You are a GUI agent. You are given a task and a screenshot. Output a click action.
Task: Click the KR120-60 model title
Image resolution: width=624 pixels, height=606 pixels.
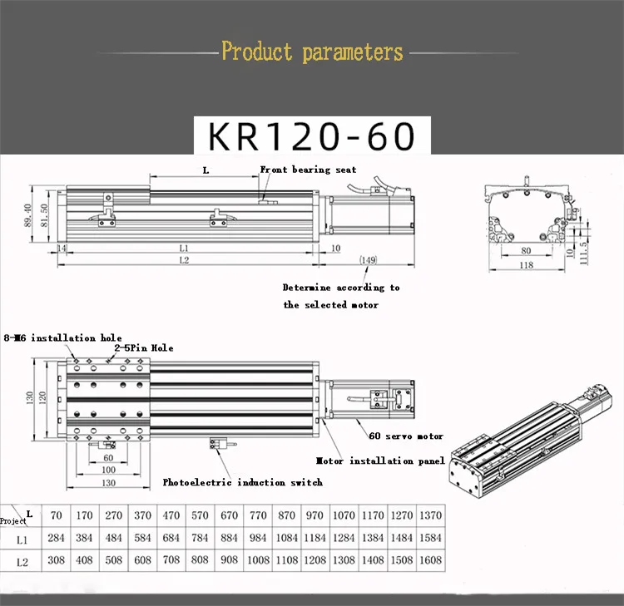pyautogui.click(x=312, y=135)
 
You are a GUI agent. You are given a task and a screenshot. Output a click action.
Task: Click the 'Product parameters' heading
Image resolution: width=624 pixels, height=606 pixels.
pyautogui.click(x=312, y=52)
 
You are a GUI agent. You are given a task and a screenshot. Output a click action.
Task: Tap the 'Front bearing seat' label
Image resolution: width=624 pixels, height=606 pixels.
pyautogui.click(x=309, y=170)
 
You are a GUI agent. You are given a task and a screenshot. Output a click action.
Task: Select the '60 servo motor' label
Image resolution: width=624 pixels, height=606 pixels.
pyautogui.click(x=406, y=436)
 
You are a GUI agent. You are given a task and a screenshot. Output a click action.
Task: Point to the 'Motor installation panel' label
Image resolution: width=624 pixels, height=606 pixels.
pyautogui.click(x=381, y=461)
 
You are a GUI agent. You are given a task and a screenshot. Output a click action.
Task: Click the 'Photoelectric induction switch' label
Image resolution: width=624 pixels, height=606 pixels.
pyautogui.click(x=243, y=482)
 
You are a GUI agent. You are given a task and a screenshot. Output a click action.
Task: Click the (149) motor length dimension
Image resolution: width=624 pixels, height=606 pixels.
pyautogui.click(x=368, y=260)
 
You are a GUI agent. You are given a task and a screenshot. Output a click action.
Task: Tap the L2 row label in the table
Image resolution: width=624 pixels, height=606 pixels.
pyautogui.click(x=22, y=562)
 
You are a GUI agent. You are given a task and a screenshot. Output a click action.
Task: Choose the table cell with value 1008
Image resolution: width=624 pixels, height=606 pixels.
pyautogui.click(x=258, y=561)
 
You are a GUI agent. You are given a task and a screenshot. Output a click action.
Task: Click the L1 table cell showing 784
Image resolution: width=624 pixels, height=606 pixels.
pyautogui.click(x=200, y=538)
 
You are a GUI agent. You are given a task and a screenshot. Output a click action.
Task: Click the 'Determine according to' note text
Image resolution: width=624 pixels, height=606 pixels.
pyautogui.click(x=341, y=288)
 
